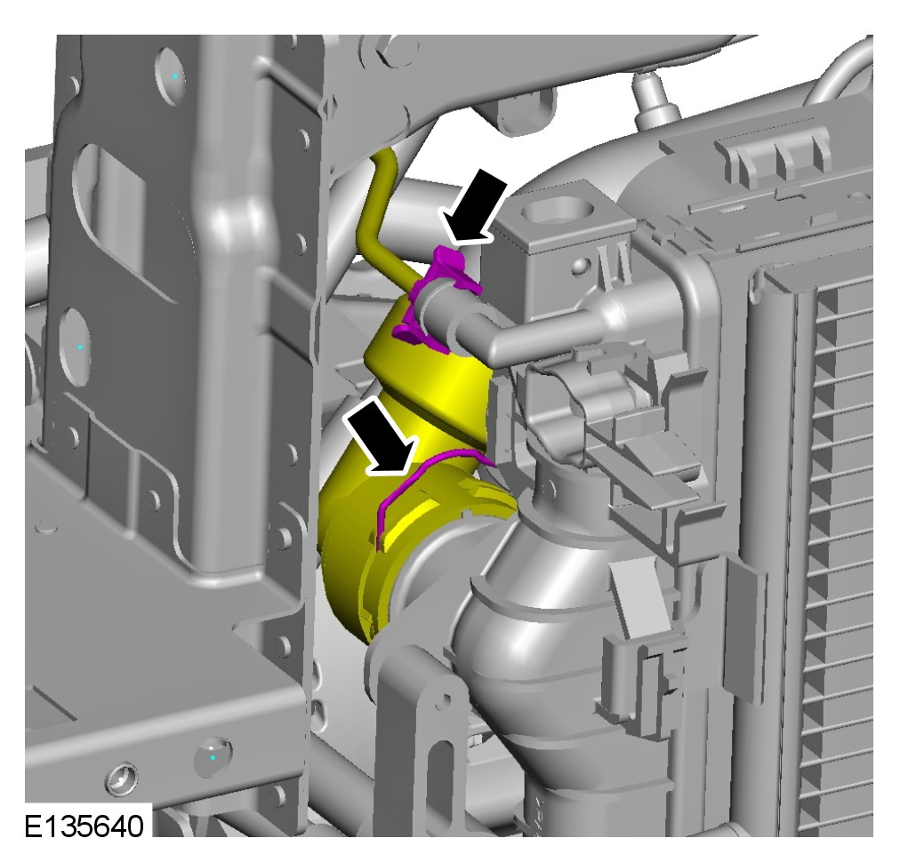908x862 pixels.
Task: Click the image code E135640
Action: tap(84, 826)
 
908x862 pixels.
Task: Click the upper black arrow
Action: tap(475, 208)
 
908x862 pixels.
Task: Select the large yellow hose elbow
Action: tap(406, 463)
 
